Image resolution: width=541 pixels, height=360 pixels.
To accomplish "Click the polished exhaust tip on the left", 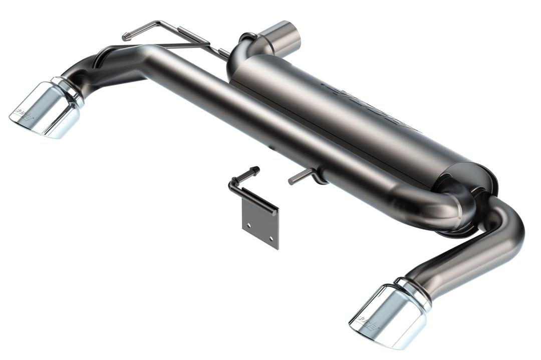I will click(48, 109).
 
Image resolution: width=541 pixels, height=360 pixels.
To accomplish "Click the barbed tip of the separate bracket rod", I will click(255, 170).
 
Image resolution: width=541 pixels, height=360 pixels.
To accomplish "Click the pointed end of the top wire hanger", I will click(125, 37).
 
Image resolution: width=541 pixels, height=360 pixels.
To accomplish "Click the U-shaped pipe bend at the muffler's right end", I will click(453, 205).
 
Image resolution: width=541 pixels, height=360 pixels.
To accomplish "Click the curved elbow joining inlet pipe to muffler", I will click(243, 53).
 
